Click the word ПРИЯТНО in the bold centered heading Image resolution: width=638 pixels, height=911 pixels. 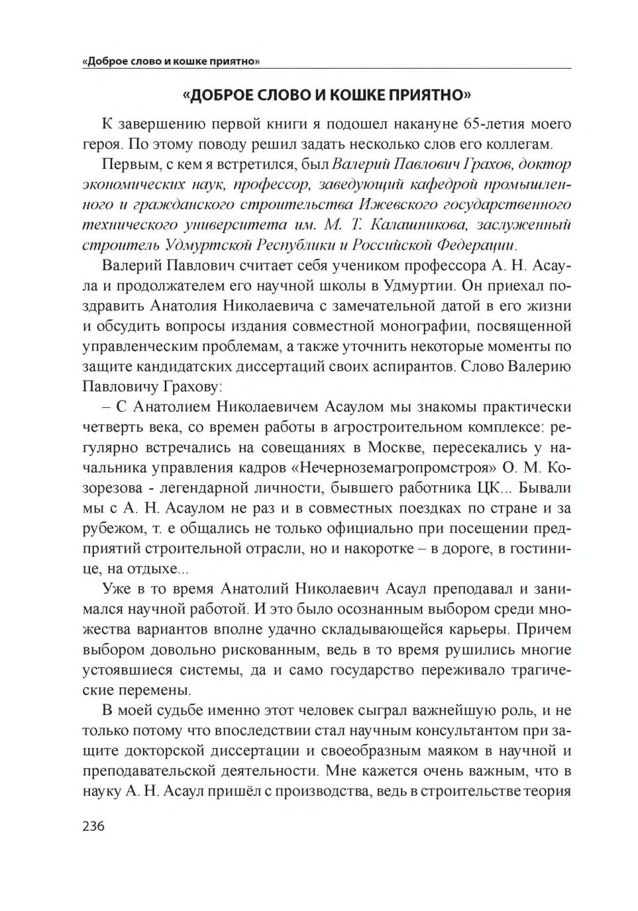(x=429, y=95)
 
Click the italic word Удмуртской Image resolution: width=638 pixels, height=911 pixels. (x=172, y=245)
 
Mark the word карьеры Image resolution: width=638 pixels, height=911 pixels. (x=478, y=630)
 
